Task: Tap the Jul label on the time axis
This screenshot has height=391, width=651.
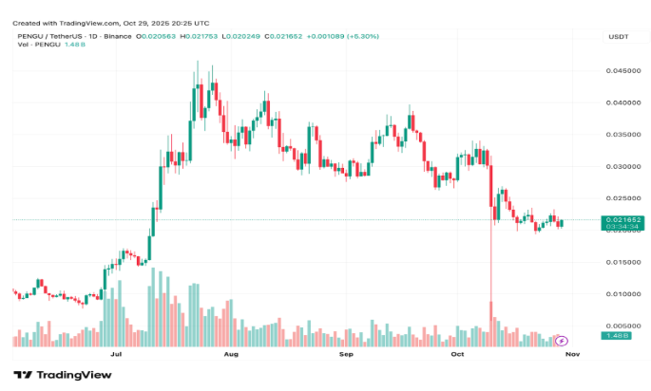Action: [116, 353]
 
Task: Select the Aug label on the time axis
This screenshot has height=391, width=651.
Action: [230, 353]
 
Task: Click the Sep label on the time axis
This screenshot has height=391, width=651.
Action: [346, 353]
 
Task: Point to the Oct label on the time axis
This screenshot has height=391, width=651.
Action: [457, 353]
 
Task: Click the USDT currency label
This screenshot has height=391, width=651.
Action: [618, 36]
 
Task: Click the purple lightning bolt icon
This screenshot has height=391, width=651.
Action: [561, 340]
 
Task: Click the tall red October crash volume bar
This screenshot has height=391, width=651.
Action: [491, 323]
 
